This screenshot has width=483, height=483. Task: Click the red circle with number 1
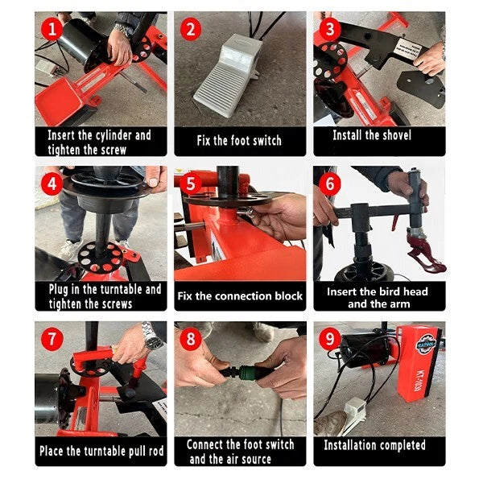[52, 31]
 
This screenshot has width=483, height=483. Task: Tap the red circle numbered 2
[191, 31]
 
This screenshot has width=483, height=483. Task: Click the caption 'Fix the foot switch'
[239, 141]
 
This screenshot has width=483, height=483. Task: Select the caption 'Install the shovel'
[372, 135]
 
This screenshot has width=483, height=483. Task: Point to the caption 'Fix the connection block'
[240, 295]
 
